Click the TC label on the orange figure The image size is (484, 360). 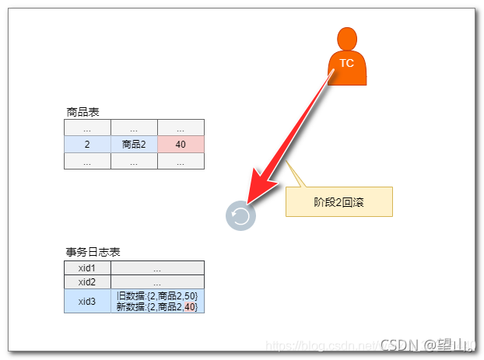(347, 63)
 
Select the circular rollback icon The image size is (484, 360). (240, 215)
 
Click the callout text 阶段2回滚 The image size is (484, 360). (339, 201)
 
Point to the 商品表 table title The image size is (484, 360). (83, 112)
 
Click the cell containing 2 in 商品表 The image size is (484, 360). (87, 145)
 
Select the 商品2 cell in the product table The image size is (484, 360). (134, 145)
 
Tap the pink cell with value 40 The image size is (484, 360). (181, 145)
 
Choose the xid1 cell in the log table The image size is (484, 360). (87, 267)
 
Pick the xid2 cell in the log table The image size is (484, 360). (87, 281)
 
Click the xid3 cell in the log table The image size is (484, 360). (87, 301)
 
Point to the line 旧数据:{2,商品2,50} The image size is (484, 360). (157, 295)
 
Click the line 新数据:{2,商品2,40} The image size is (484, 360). (157, 306)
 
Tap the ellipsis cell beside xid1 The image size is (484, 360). (157, 267)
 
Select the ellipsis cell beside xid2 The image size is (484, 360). (157, 281)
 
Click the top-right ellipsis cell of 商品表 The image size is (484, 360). (181, 128)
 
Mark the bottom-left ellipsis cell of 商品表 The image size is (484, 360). (87, 162)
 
